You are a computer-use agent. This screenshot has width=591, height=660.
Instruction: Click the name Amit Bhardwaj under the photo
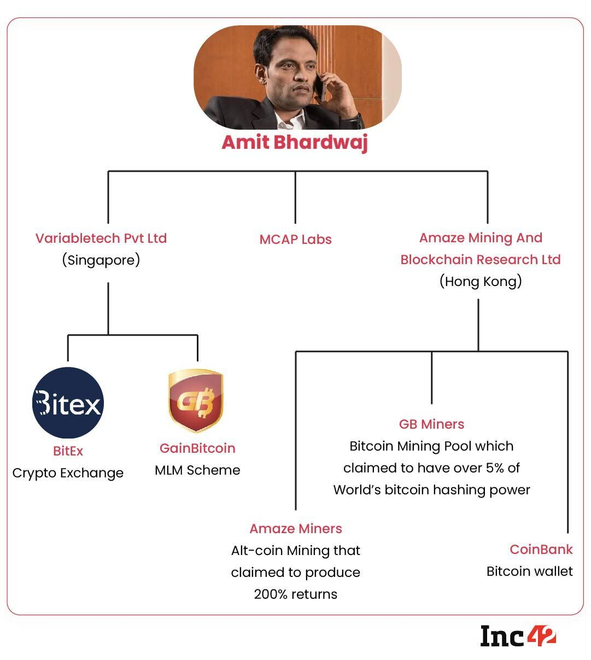(295, 142)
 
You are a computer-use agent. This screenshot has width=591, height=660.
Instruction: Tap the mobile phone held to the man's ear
(324, 86)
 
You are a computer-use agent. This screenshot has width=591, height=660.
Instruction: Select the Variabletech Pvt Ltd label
(101, 238)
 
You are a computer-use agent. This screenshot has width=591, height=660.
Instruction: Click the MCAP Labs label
(295, 240)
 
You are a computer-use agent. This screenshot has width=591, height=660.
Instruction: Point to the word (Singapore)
(101, 260)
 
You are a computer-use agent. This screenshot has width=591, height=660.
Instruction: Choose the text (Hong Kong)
(481, 281)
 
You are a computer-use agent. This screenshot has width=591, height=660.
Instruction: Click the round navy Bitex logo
(68, 403)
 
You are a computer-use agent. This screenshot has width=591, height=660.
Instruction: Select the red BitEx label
(68, 451)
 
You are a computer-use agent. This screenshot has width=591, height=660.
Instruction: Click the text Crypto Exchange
(68, 473)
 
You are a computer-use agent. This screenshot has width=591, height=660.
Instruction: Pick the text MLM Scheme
(197, 470)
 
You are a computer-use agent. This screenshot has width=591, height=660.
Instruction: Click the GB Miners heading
(431, 424)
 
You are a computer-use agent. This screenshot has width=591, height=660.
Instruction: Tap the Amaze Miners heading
(296, 529)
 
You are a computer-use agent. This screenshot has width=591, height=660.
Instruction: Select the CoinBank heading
(541, 550)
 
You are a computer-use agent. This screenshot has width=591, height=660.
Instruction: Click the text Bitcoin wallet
(529, 571)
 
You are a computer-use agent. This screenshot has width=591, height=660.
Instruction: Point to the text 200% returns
(296, 594)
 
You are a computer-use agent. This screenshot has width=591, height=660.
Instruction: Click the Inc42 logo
(518, 636)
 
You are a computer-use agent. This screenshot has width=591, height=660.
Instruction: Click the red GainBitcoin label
(197, 448)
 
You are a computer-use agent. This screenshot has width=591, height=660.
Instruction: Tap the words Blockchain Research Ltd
(481, 260)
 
